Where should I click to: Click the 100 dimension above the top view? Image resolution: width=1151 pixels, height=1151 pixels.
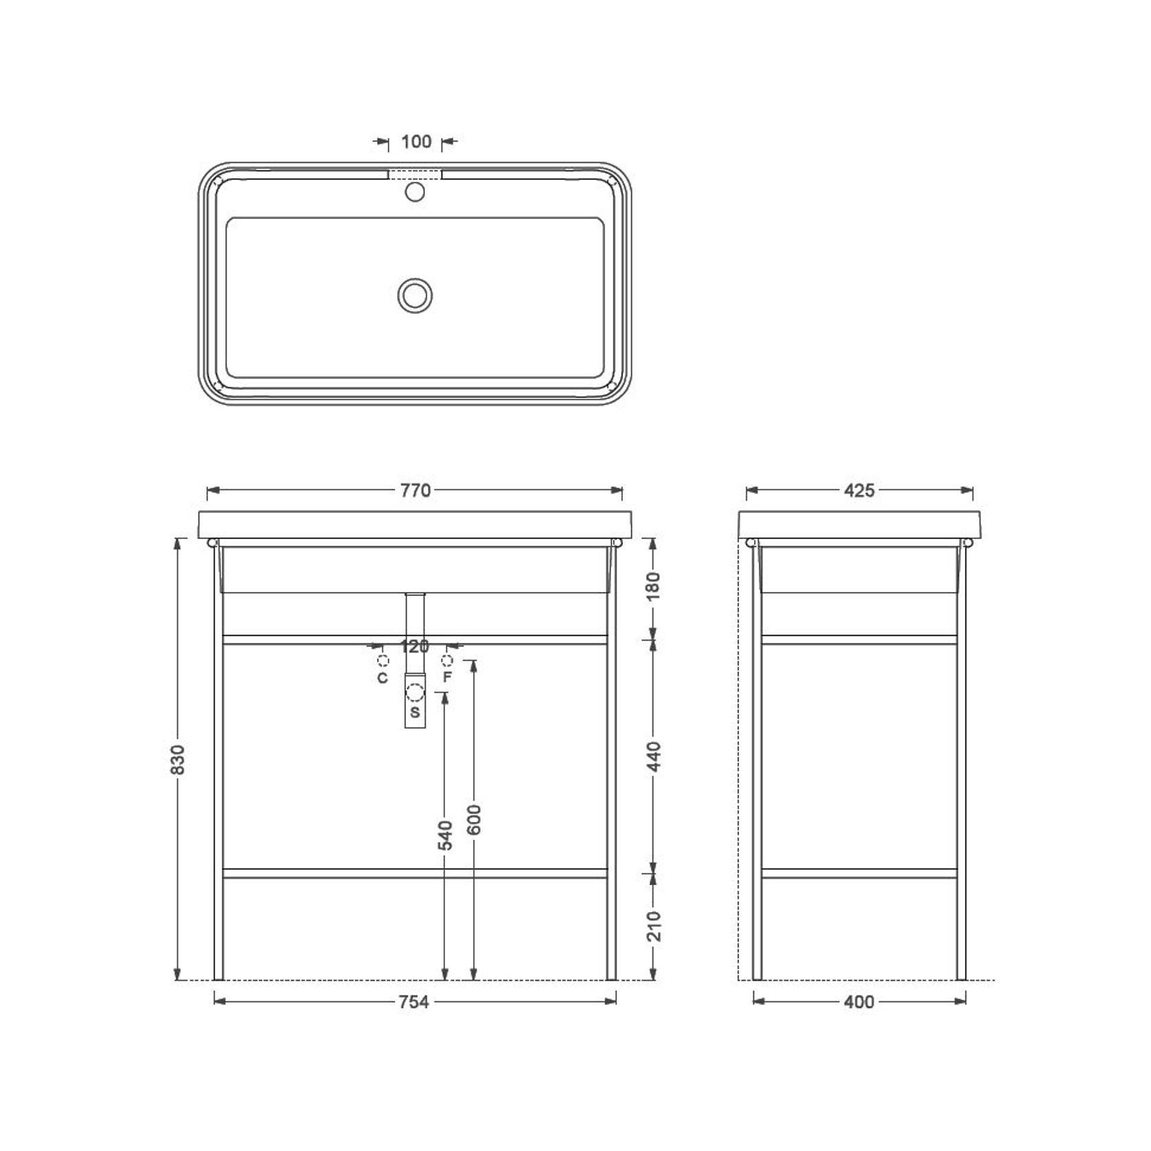pos(416,141)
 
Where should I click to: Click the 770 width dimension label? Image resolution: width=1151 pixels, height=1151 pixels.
pos(415,490)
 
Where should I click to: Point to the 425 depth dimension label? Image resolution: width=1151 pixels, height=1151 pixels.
pos(859,490)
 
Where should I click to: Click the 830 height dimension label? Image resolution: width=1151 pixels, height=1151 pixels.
pos(177,759)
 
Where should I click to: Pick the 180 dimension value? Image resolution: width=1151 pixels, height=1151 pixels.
pos(652,586)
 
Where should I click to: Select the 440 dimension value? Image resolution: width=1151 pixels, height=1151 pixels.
pos(652,756)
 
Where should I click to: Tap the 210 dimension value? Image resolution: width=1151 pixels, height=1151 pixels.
pos(652,926)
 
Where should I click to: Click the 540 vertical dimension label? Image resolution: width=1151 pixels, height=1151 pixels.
pos(445,834)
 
